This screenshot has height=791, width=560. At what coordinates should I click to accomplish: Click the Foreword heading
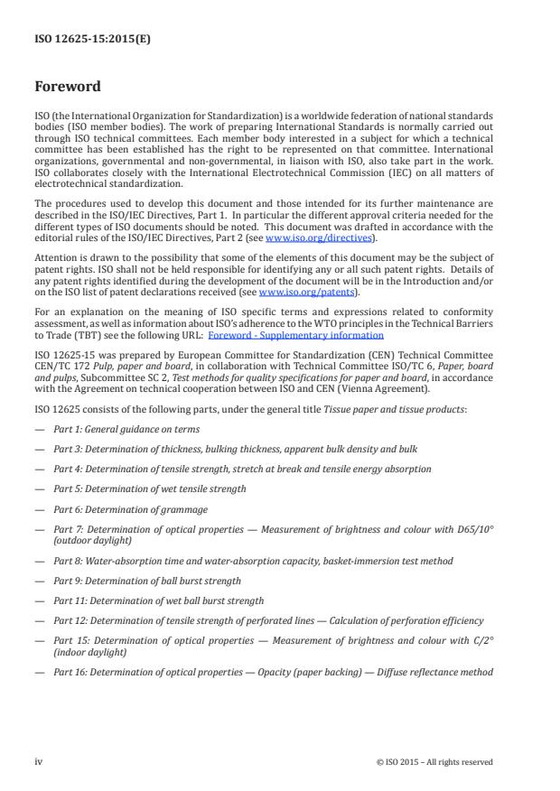pos(67,88)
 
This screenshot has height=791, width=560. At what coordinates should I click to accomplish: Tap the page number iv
pos(39,761)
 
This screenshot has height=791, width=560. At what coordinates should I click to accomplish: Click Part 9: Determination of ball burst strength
pos(147,581)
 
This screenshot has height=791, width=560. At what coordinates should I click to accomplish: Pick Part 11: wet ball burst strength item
pos(159,600)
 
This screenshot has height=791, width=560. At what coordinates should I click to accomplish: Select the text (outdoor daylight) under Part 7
pos(90,540)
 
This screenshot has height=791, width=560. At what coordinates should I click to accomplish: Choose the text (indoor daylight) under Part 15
pos(88,652)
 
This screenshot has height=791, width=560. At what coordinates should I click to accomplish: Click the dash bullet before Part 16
pos(39,672)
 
